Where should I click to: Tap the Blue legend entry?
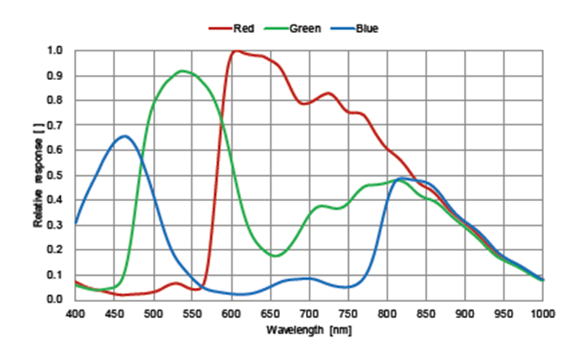pos(366,29)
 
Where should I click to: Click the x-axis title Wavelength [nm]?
pos(308,330)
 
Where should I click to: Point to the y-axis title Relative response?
pos(38,175)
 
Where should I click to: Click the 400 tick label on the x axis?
pos(75,313)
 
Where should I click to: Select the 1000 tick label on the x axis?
pos(543,313)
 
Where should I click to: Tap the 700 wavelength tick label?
pos(309,313)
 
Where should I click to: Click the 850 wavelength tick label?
pos(426,313)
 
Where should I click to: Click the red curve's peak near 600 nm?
pos(235,51)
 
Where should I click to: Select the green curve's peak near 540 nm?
pos(184,71)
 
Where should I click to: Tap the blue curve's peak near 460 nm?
pos(124,135)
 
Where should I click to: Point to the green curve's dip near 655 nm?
pos(276,256)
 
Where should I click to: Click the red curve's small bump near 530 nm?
pos(177,283)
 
